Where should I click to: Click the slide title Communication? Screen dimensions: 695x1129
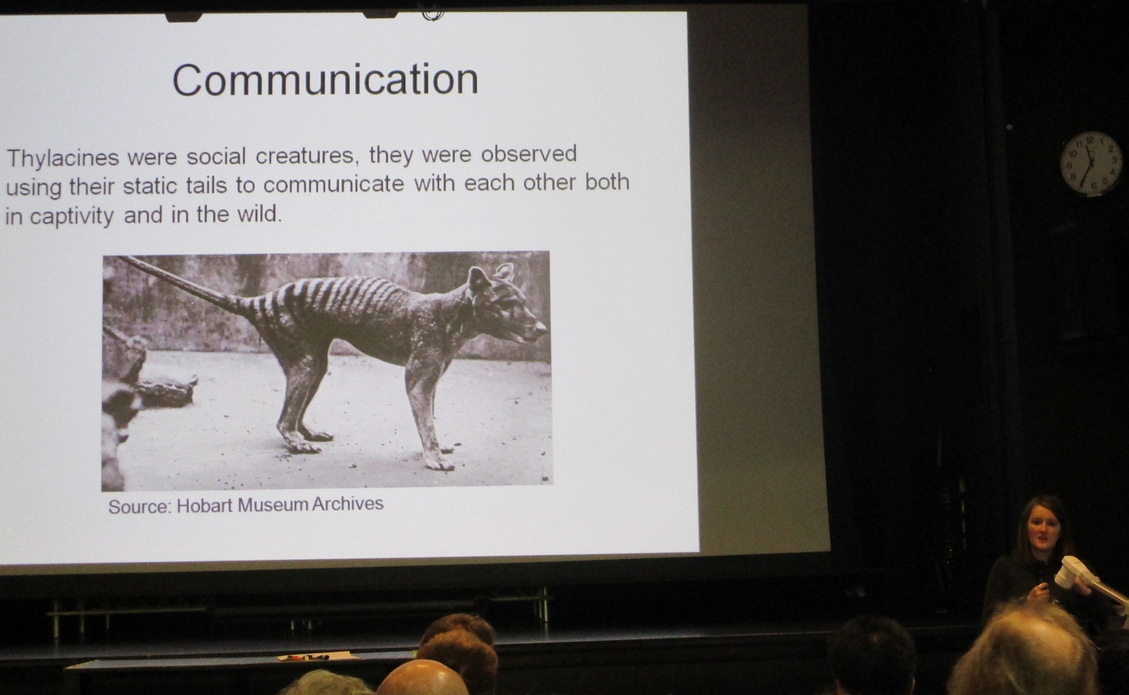pyautogui.click(x=325, y=80)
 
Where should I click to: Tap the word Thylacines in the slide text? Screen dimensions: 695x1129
pyautogui.click(x=63, y=158)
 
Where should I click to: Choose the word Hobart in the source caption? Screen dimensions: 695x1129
pyautogui.click(x=204, y=506)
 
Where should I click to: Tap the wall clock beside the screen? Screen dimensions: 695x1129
pyautogui.click(x=1090, y=162)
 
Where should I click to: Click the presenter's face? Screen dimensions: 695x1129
pyautogui.click(x=1043, y=531)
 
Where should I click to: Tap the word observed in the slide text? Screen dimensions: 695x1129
pyautogui.click(x=529, y=154)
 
